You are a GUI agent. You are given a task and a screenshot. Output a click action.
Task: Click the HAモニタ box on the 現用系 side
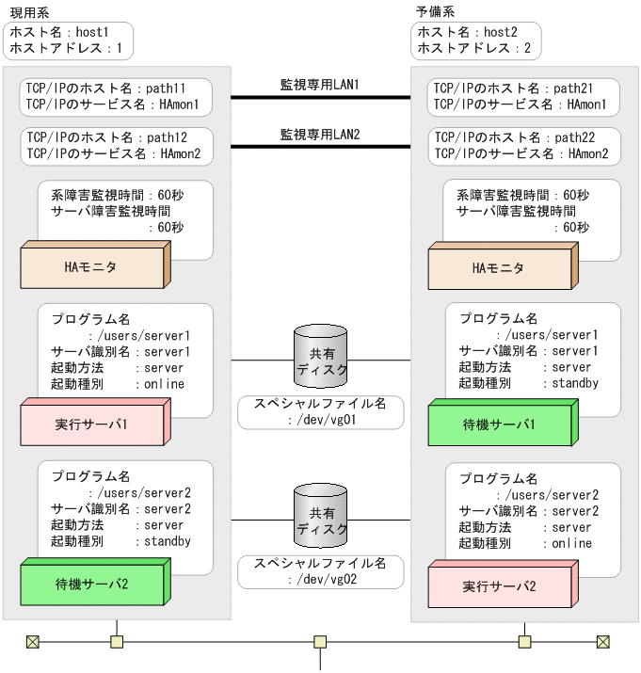(91, 267)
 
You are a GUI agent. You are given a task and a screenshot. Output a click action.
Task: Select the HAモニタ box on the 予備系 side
(499, 267)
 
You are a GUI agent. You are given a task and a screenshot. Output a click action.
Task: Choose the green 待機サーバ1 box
(499, 424)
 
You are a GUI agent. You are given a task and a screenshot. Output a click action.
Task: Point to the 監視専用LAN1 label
(320, 85)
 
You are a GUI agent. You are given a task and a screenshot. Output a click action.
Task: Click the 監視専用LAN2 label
(320, 135)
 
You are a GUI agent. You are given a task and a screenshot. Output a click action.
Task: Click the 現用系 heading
(29, 11)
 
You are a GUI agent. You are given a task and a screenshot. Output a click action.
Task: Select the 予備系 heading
(436, 11)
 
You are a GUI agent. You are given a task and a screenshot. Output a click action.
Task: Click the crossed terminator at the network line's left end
(33, 642)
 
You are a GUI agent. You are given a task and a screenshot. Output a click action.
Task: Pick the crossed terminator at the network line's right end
(603, 642)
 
